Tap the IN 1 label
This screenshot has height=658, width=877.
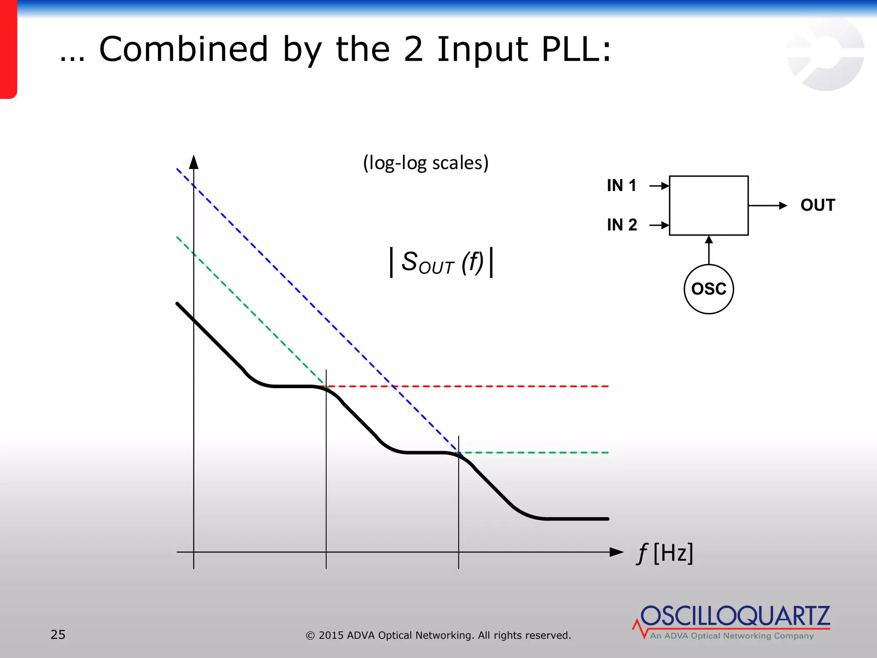[x=621, y=185]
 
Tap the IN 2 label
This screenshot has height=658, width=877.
[x=622, y=224]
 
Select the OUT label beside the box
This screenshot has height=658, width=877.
[x=817, y=205]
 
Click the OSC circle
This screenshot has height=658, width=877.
[x=709, y=289]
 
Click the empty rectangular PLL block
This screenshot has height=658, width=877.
[x=709, y=205]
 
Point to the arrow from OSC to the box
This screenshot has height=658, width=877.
[x=709, y=250]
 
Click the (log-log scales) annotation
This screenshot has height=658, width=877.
[x=426, y=163]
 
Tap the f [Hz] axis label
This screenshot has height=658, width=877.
[x=665, y=553]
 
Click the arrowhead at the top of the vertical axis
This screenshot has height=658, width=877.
[x=194, y=162]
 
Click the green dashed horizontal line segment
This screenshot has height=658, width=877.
[x=535, y=452]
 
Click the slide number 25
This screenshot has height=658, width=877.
[x=58, y=634]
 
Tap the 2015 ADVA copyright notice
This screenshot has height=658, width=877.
[x=438, y=635]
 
